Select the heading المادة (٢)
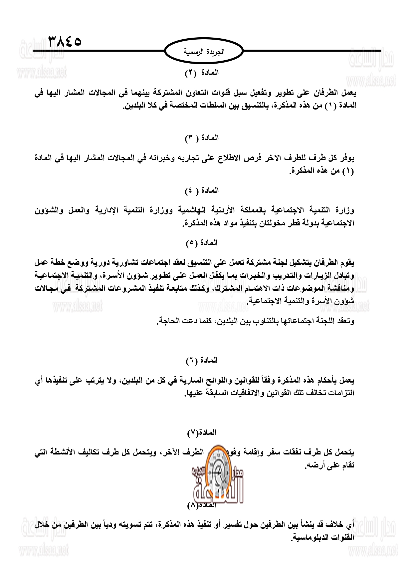coord(202,73)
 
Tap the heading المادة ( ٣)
coord(202,138)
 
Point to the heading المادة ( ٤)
coord(202,190)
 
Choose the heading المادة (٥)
coord(202,243)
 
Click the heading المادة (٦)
coord(202,360)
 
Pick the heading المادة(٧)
coord(202,433)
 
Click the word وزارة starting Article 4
coord(344,210)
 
